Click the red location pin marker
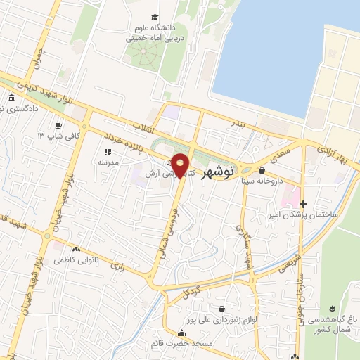tap(181, 165)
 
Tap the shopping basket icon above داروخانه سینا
tap(262, 170)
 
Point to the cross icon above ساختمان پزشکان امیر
tap(303, 204)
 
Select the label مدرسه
tap(107, 162)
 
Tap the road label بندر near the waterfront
tap(240, 124)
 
